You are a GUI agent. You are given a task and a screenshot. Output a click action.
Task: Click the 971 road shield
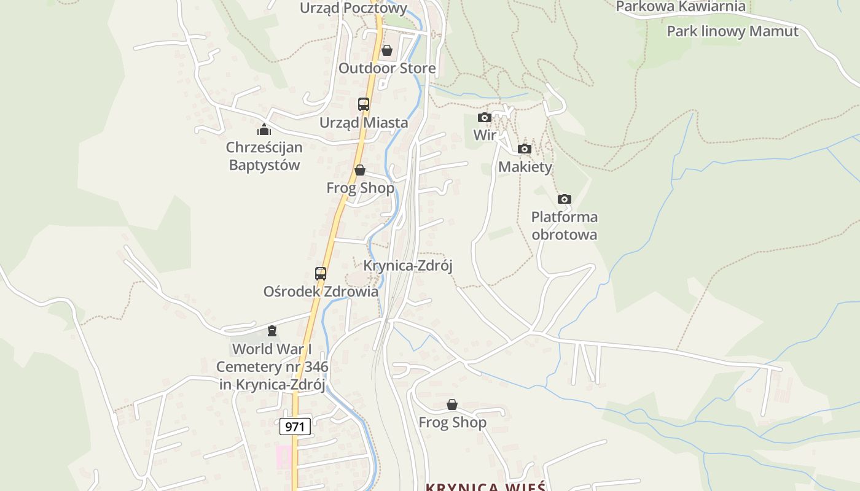(295, 426)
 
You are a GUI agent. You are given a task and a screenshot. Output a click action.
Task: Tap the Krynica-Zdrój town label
(408, 266)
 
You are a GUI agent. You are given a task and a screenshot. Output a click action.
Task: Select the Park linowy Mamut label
(732, 31)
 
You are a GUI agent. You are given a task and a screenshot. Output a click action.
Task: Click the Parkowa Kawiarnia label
(680, 7)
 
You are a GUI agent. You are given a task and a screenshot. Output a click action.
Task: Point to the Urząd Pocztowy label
(353, 8)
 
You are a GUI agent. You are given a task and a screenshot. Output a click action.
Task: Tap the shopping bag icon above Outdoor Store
(387, 50)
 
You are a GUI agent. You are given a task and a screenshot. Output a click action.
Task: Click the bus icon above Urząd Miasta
(364, 104)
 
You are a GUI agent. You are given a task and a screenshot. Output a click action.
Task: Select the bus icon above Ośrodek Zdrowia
(321, 274)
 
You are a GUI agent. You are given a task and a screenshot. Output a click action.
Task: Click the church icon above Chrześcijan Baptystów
(264, 130)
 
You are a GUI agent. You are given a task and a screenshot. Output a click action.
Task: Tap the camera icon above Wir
(485, 117)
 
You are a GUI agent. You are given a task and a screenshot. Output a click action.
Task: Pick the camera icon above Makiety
(525, 149)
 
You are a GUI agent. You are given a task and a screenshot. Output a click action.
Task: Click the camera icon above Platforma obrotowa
(565, 199)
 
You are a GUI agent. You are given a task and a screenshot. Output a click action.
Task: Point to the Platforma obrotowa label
(564, 226)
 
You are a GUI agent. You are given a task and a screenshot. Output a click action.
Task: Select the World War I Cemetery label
(272, 366)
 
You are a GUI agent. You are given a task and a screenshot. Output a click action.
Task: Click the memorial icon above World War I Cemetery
(272, 331)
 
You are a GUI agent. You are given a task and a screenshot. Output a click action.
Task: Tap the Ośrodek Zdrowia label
(321, 292)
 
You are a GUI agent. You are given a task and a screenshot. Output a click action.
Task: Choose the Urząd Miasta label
(364, 123)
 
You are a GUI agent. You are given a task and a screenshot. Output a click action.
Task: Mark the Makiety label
(525, 167)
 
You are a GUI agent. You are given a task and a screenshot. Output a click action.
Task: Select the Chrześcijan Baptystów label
(264, 156)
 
